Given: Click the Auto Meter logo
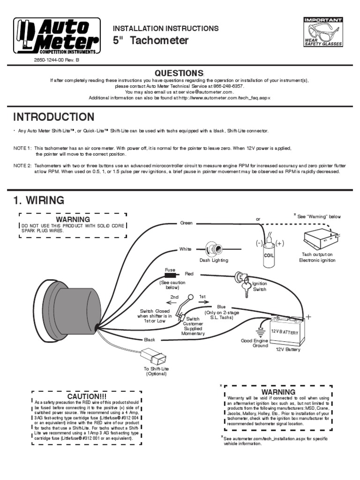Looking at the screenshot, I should tap(56, 36).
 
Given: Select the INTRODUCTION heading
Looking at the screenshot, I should tap(53, 117).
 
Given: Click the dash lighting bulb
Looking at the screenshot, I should tap(213, 249).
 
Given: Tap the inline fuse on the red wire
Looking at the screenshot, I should tap(170, 275).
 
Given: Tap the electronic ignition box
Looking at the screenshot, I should tap(321, 239).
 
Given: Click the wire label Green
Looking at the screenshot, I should tap(186, 223).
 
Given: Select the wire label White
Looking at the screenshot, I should tap(185, 249).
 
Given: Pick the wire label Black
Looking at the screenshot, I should tap(150, 339).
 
